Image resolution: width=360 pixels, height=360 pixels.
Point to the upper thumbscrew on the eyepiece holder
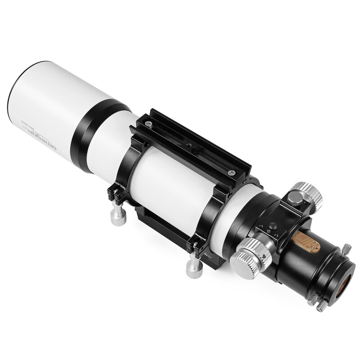pyautogui.click(x=347, y=248)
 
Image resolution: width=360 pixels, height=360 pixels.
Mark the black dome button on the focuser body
pyautogui.click(x=271, y=225)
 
